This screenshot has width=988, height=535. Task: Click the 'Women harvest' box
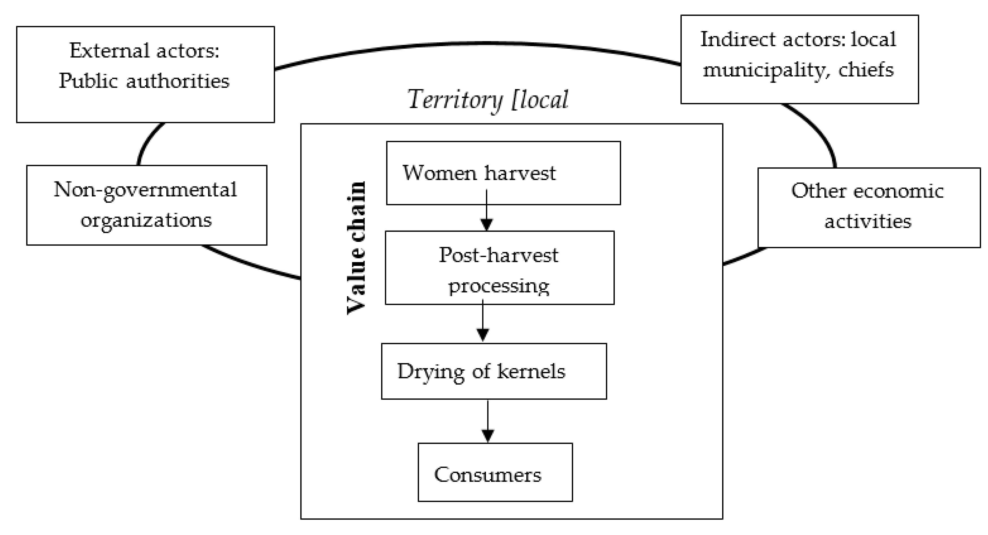[x=503, y=173]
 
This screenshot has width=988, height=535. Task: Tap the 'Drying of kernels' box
[x=494, y=371]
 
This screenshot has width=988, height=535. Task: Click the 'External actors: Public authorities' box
[x=146, y=74]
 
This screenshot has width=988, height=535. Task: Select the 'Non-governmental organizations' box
[x=147, y=205]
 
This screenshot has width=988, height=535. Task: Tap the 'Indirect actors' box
[x=799, y=59]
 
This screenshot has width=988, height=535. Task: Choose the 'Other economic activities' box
[x=869, y=207]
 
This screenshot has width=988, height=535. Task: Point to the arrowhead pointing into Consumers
[x=487, y=436]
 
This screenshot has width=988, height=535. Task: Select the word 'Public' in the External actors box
[x=88, y=81]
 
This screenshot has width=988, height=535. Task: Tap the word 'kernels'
[x=531, y=371]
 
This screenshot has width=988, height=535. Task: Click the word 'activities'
[x=868, y=222]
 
